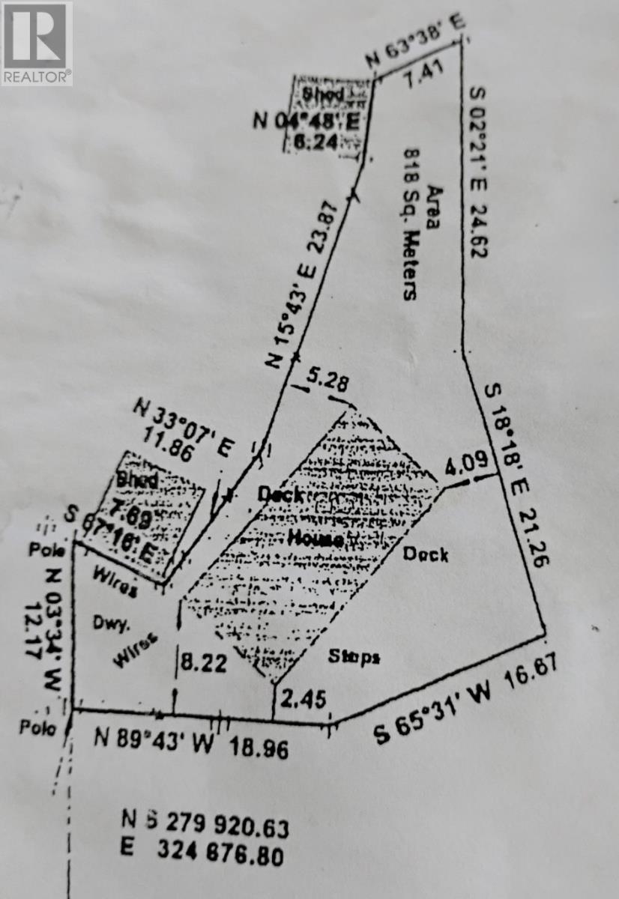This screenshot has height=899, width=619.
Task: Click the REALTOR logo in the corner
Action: [36, 43]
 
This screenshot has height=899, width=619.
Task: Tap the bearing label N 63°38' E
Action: [414, 42]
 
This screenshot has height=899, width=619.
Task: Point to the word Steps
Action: [354, 656]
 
